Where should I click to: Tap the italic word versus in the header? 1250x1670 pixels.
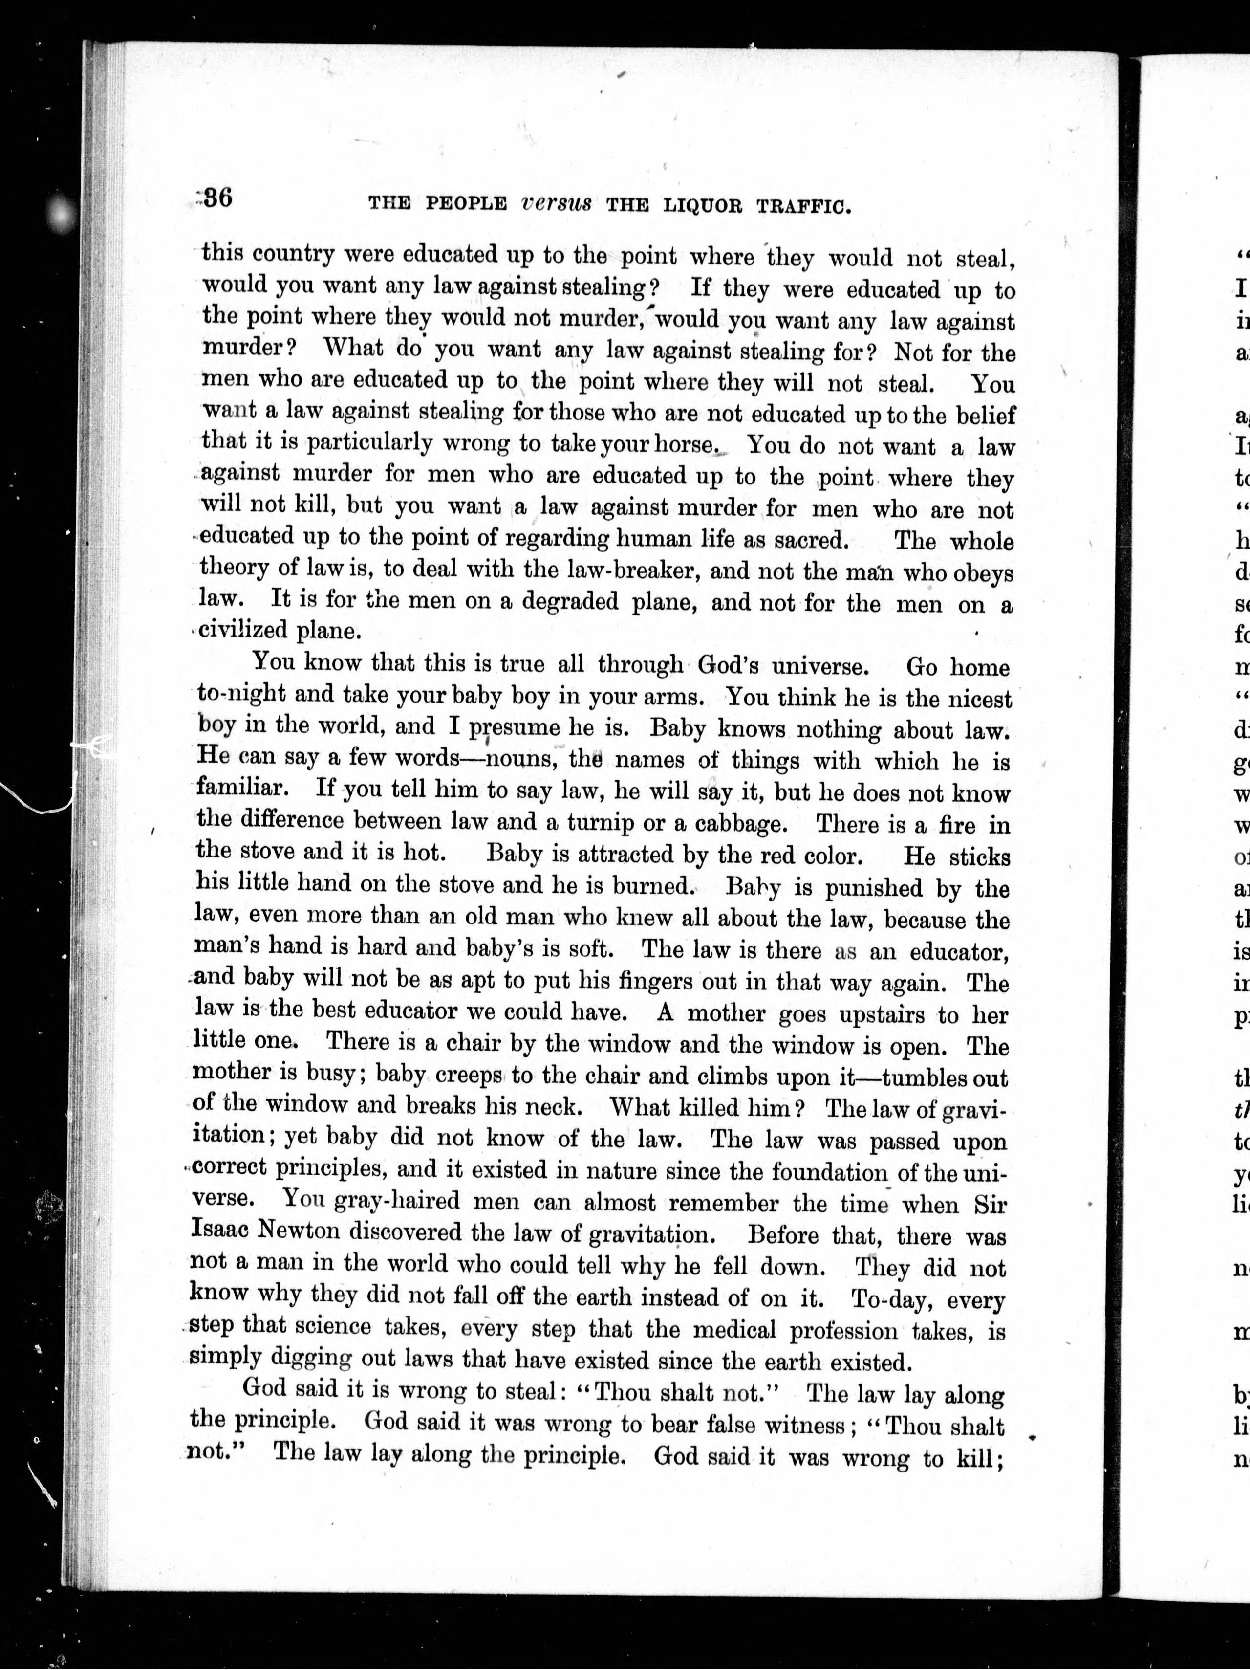556,202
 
